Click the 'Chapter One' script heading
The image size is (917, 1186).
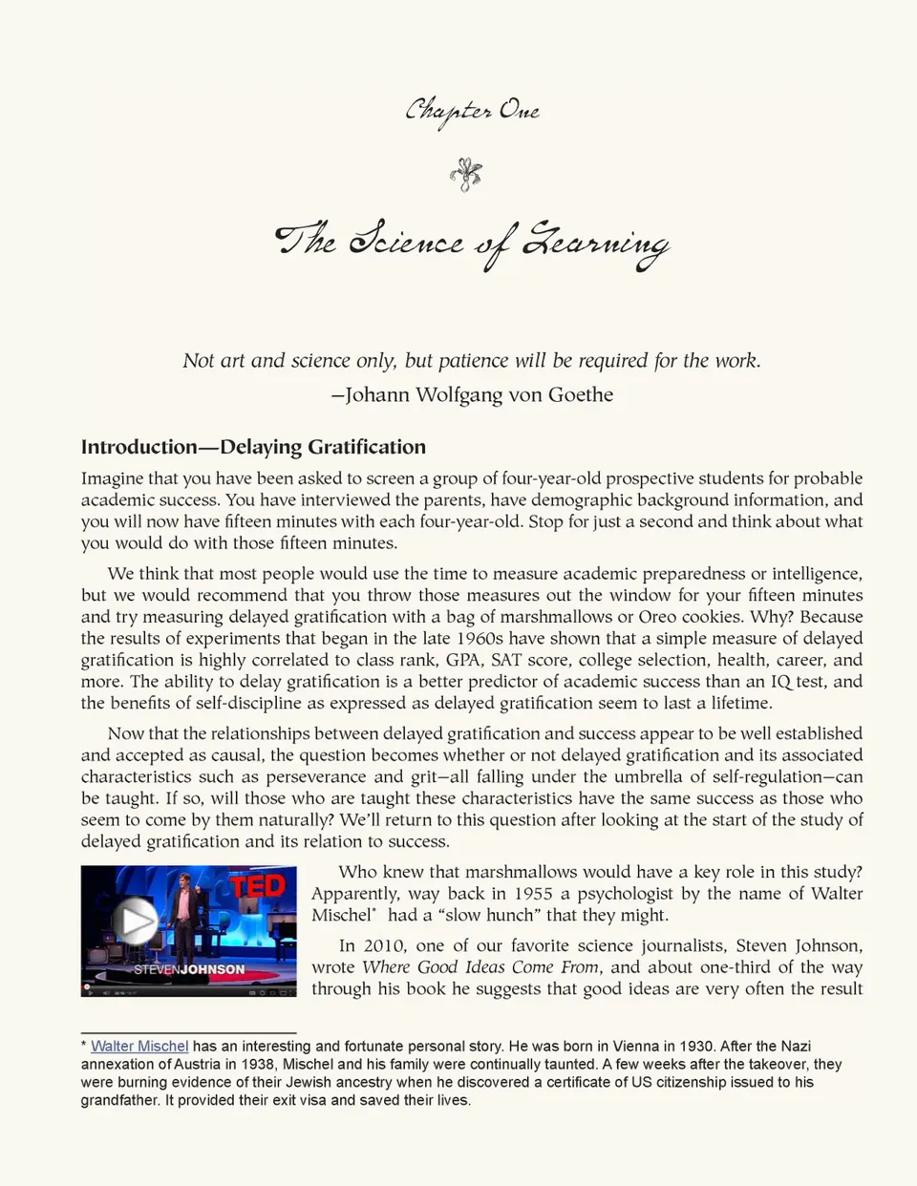click(x=472, y=111)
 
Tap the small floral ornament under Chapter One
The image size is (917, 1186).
click(x=466, y=174)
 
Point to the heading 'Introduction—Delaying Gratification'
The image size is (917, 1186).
click(x=253, y=447)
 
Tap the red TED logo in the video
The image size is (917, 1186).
click(x=259, y=887)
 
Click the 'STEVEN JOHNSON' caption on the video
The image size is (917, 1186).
click(x=189, y=969)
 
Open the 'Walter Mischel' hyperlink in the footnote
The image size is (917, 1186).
click(x=139, y=1047)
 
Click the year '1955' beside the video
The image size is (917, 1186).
click(x=534, y=894)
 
